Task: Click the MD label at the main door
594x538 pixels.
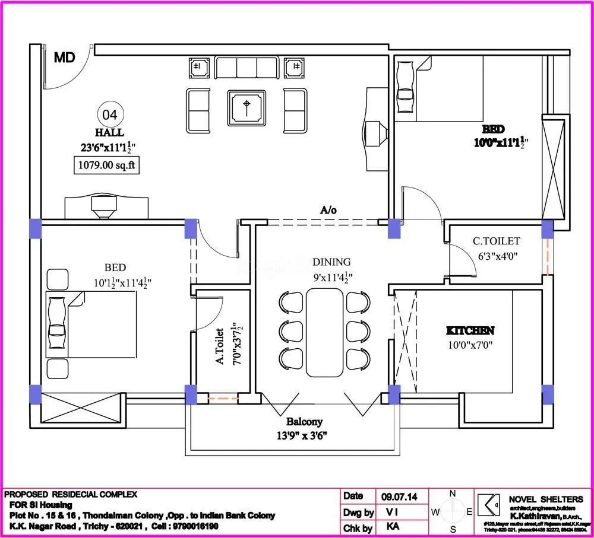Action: point(64,58)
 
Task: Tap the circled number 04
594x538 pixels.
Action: point(110,114)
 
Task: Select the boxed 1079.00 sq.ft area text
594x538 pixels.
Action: point(107,165)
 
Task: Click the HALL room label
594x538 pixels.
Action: point(109,132)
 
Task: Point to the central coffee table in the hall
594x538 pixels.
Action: point(247,107)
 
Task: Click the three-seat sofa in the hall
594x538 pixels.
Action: point(246,66)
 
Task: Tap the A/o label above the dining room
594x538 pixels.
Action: point(328,209)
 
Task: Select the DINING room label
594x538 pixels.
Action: point(331,262)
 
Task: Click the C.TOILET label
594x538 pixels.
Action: point(496,241)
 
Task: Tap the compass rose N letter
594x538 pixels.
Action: point(452,493)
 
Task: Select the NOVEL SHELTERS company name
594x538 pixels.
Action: point(546,499)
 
